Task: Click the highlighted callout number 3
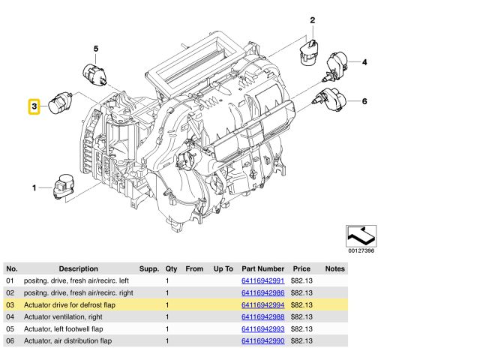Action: [34, 106]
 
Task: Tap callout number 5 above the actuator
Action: [96, 49]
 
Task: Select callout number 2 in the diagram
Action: [312, 20]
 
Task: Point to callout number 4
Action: [364, 62]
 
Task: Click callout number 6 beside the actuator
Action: [364, 101]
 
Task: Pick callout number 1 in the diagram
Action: [34, 187]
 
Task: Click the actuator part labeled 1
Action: [64, 187]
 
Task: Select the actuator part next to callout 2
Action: [309, 52]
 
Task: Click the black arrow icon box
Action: [361, 236]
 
